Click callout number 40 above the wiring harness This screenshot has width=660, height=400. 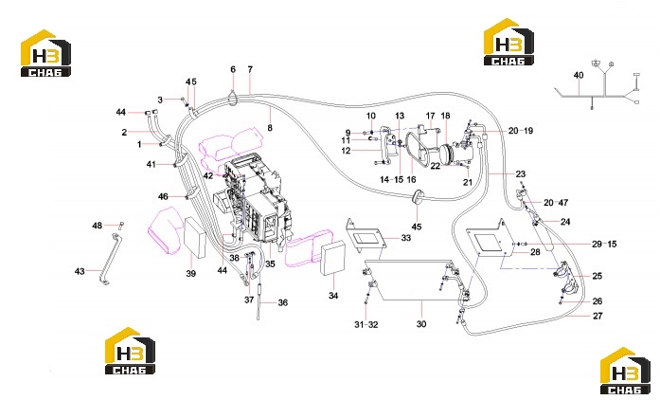point(579,75)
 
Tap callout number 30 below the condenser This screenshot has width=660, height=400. point(421,324)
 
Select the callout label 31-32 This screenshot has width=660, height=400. point(366,324)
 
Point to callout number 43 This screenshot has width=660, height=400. point(80,271)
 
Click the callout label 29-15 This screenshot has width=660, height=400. point(604,244)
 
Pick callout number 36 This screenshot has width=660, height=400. point(283,302)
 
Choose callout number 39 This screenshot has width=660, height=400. point(191,274)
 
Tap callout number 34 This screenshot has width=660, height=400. point(333,296)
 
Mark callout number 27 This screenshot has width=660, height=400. point(598,316)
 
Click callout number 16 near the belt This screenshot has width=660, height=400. point(411,179)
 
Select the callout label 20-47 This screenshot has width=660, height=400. point(556,203)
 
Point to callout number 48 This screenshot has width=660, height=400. point(98,226)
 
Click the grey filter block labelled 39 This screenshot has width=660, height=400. point(195,237)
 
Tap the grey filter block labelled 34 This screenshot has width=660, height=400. point(333,258)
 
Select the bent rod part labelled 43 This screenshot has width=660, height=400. point(112,258)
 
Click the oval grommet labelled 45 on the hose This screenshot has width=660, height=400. point(418,197)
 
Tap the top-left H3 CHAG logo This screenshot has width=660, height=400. point(45,53)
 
